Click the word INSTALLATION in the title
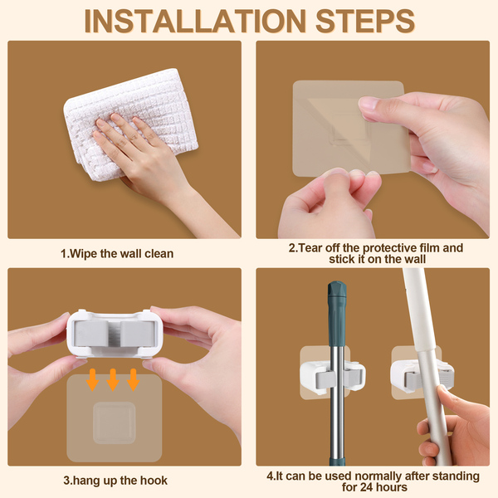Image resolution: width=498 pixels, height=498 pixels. click(195, 22)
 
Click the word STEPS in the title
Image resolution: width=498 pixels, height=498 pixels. click(365, 22)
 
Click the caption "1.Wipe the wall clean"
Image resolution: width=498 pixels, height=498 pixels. click(117, 254)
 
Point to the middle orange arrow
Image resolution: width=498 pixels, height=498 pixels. click(113, 379)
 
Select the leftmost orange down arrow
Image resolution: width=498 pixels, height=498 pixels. click(92, 379)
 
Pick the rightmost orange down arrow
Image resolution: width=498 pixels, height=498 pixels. click(133, 379)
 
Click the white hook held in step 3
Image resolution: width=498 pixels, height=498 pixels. click(113, 334)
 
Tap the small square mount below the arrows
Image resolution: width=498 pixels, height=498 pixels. click(115, 422)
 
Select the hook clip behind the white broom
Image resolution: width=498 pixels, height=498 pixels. click(422, 376)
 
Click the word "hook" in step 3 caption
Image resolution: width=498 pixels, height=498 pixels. click(154, 481)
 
